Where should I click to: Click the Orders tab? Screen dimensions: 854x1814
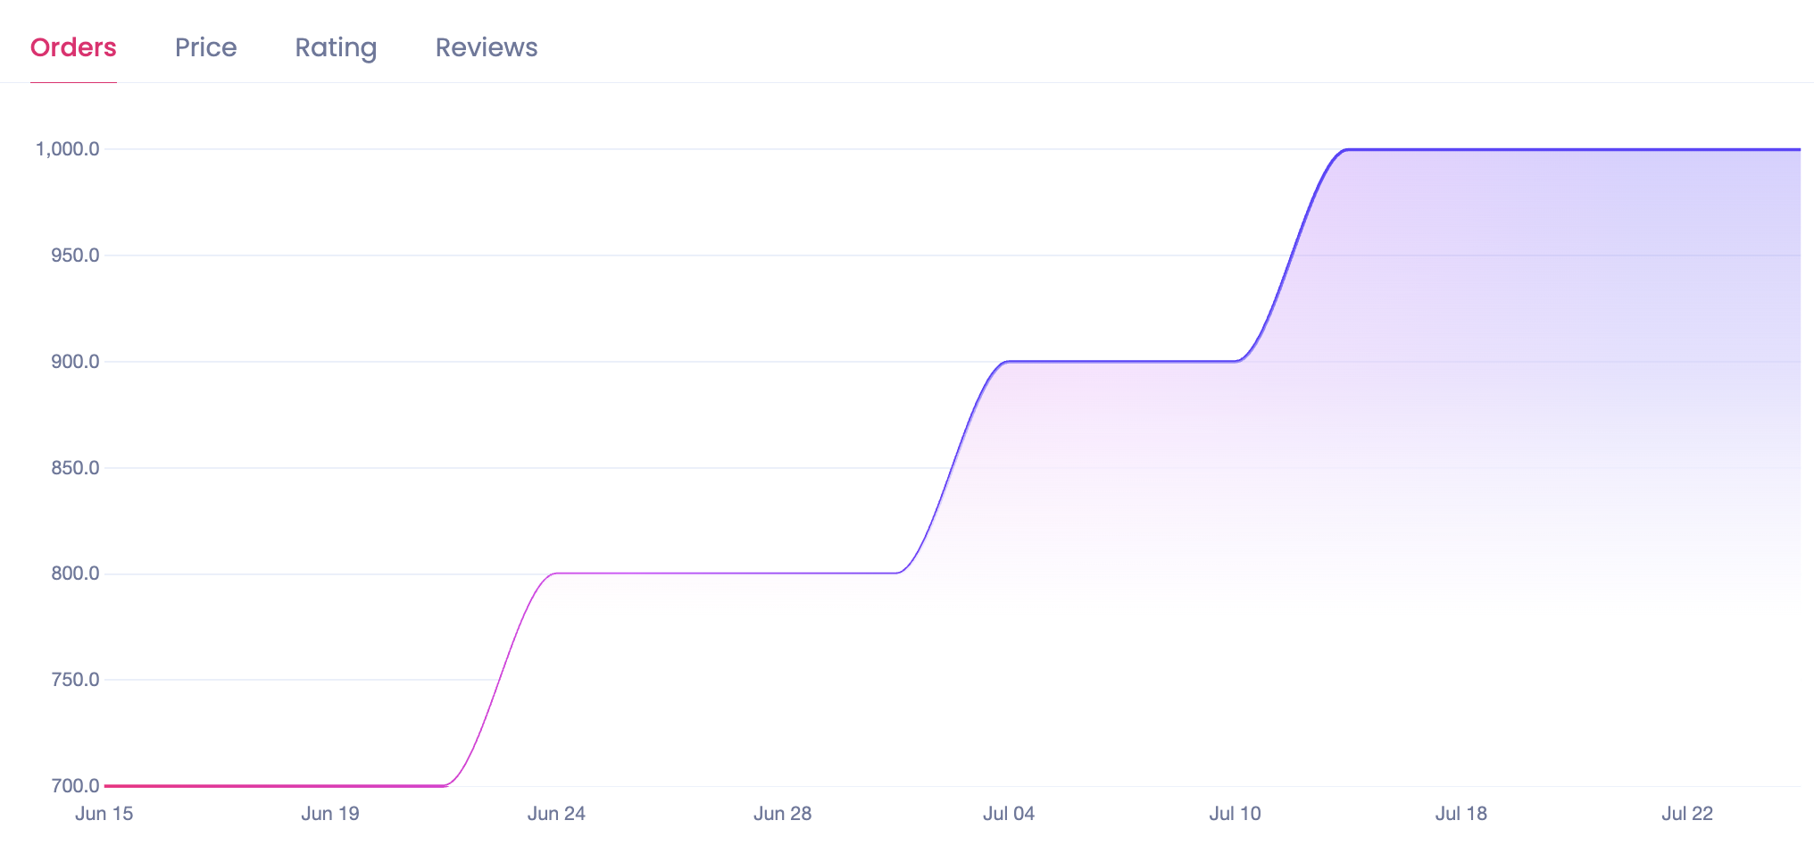pos(73,47)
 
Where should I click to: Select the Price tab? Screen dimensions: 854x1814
pos(205,47)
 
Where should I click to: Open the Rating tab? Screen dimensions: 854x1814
pos(336,47)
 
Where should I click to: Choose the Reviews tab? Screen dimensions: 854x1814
pos(487,47)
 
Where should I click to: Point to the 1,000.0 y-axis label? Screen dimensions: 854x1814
pos(67,149)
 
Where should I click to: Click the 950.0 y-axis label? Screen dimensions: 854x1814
pos(75,255)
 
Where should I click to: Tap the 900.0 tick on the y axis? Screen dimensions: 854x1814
pos(75,362)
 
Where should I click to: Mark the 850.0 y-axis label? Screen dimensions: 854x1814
pos(75,468)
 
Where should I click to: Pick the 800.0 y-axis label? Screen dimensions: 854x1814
pos(75,574)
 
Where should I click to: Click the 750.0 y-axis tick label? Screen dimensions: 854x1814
pos(75,680)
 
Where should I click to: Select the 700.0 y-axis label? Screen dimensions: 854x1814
pos(75,786)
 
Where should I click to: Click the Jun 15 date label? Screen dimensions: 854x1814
pos(104,814)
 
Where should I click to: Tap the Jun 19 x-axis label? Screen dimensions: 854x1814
pos(330,814)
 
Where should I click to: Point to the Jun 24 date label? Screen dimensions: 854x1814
pos(556,814)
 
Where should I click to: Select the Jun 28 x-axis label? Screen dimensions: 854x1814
pos(782,814)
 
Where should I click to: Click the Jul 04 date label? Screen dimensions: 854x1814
pos(1009,814)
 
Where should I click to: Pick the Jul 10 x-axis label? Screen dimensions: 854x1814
pos(1235,814)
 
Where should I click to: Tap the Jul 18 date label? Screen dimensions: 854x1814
pos(1460,814)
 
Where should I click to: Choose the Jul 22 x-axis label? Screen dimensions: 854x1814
pos(1687,814)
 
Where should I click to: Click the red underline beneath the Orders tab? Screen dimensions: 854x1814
pos(73,82)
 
